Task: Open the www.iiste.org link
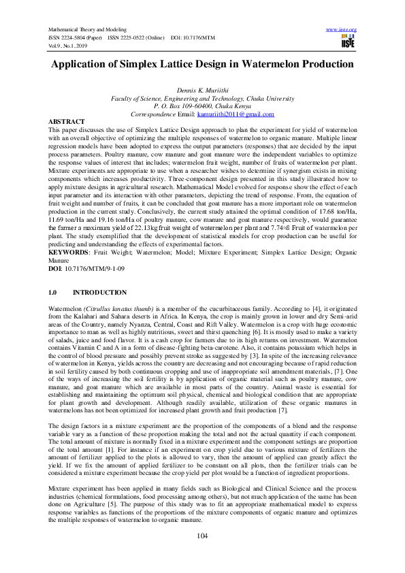342,30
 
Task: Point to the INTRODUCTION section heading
99,292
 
